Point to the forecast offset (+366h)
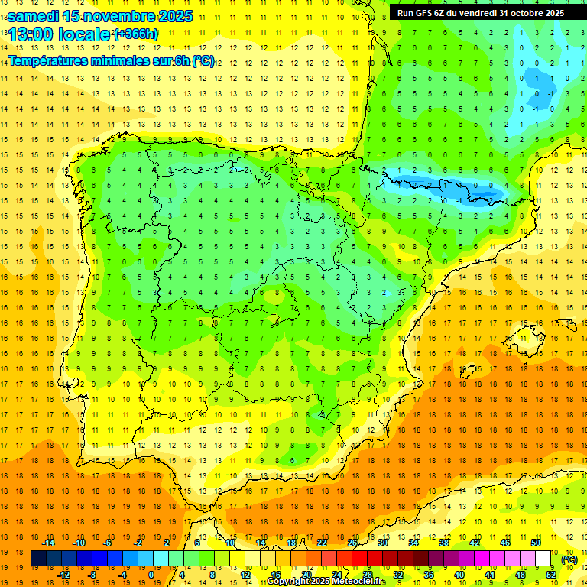pos(135,34)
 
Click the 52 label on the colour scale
pos(551,575)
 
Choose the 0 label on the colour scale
pos(151,575)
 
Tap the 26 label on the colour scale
pos(352,543)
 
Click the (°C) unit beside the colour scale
pos(569,559)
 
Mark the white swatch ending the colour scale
pos(543,559)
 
